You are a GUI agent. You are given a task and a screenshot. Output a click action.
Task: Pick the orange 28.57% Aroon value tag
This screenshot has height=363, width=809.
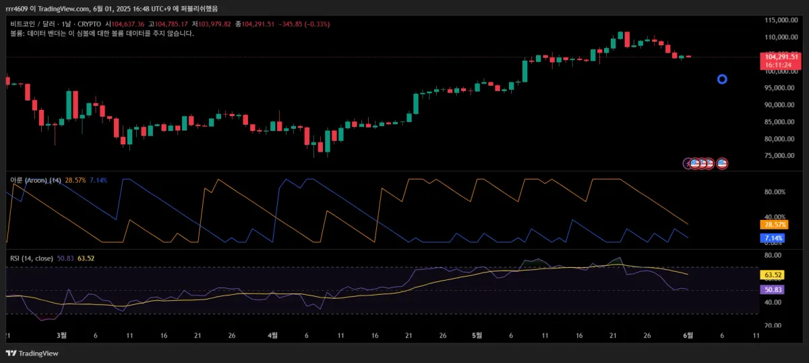(773, 224)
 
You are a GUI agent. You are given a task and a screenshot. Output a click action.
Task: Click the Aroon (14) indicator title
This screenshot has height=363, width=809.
(35, 181)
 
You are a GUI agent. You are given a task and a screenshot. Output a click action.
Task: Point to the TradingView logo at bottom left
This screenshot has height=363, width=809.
(32, 353)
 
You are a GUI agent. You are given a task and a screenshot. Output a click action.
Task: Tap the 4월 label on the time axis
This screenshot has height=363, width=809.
(272, 335)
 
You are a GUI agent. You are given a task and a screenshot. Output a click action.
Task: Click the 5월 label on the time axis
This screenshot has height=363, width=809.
(477, 335)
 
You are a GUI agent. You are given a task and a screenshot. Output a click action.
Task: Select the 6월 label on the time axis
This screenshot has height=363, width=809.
(688, 335)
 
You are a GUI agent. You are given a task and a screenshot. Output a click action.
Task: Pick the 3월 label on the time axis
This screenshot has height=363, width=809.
(62, 335)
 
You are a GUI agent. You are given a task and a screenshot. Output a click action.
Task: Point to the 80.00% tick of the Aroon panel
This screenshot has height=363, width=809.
(775, 192)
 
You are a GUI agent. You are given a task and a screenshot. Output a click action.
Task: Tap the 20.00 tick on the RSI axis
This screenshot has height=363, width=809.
(773, 325)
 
